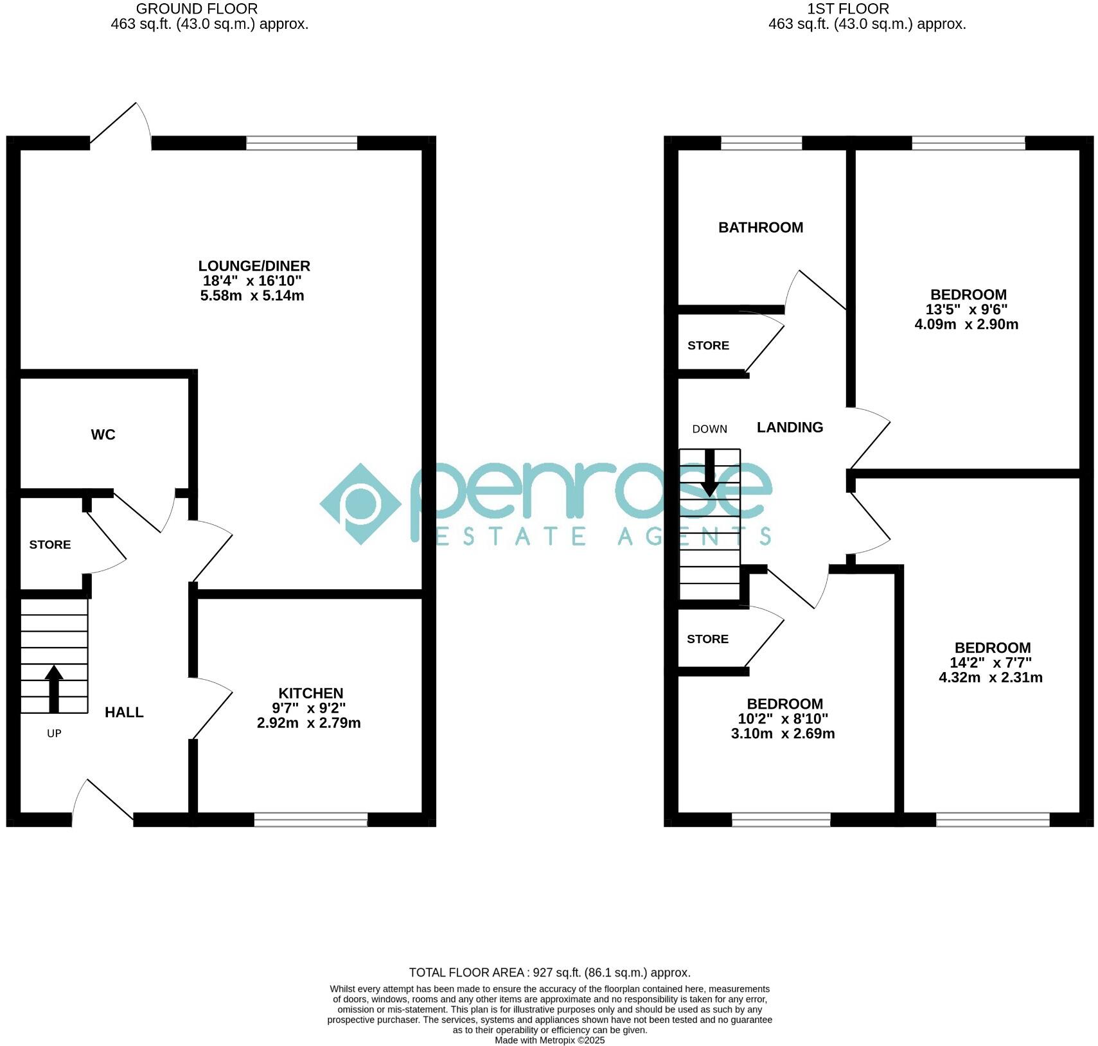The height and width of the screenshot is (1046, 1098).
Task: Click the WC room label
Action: (103, 435)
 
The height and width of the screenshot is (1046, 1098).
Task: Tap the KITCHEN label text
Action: (310, 693)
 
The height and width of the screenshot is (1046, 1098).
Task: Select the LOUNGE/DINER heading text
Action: (254, 266)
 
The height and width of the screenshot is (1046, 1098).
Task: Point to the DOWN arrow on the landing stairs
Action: (709, 473)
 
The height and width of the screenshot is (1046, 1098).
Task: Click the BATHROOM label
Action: (760, 227)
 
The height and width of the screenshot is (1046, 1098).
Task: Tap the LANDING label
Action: (789, 427)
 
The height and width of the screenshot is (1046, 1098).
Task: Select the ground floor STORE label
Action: (49, 545)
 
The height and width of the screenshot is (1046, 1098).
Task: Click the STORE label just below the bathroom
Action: (708, 346)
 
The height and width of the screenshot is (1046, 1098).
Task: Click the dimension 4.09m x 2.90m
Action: (966, 324)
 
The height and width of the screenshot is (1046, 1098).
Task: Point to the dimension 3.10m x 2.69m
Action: (783, 734)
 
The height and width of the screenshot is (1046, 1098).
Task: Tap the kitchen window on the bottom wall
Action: (310, 819)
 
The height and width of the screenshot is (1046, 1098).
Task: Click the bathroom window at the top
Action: (761, 143)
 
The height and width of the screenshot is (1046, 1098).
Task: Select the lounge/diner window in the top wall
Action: (301, 143)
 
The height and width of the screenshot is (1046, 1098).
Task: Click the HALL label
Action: (124, 712)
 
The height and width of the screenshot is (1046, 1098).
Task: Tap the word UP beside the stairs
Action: (54, 733)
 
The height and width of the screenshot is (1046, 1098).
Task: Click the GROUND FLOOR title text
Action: (197, 9)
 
